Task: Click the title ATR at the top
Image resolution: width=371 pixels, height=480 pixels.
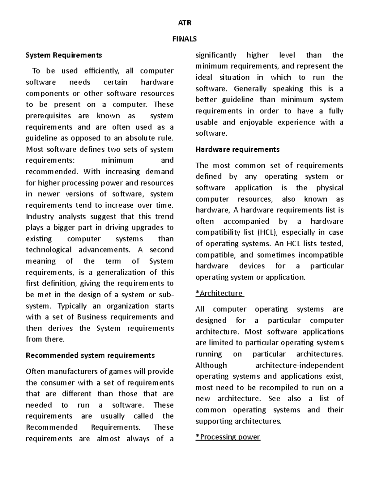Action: [x=185, y=23]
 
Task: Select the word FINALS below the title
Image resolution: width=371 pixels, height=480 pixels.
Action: [x=185, y=39]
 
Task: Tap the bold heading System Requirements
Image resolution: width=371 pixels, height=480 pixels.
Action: [x=64, y=55]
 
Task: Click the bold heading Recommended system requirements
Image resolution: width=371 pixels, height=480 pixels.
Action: [x=90, y=355]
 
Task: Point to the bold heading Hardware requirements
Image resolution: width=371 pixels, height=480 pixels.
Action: [x=237, y=150]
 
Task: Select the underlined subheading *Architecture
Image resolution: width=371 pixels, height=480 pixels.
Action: [x=219, y=293]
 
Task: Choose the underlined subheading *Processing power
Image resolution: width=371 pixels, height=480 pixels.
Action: [x=228, y=437]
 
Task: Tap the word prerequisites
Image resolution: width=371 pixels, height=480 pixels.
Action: [x=49, y=116]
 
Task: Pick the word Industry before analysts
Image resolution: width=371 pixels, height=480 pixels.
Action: [x=40, y=217]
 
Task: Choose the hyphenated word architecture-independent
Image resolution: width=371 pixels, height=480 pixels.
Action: [x=299, y=365]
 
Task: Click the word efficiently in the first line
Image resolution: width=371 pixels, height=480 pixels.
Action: [x=101, y=71]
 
